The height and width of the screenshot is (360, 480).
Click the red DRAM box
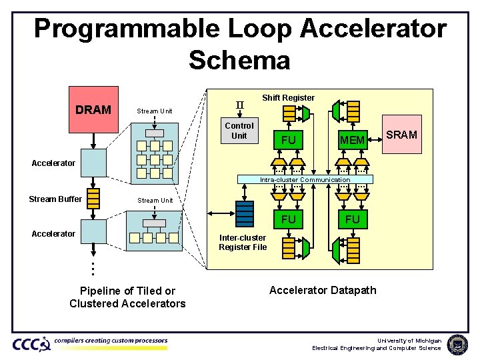93,109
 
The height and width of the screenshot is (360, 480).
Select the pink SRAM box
402,135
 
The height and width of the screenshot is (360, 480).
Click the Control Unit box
239,131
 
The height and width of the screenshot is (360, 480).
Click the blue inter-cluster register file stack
245,213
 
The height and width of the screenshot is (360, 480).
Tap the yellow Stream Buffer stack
93,198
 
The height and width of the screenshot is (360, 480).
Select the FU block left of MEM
288,140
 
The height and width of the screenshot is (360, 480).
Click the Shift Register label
288,98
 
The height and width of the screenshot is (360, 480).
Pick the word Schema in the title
239,60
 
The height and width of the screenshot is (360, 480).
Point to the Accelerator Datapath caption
323,290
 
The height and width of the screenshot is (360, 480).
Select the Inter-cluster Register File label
243,243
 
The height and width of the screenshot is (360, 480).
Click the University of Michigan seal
457,344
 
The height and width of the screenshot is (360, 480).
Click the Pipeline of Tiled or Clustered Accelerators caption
127,297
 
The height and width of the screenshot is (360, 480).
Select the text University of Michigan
409,341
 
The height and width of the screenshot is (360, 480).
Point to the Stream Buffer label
55,199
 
